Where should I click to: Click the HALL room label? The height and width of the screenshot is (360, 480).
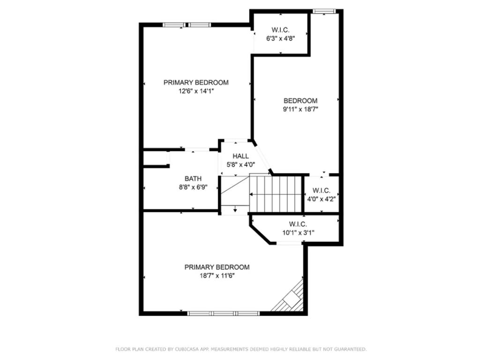click(240, 157)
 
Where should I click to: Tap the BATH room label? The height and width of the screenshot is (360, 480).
click(193, 179)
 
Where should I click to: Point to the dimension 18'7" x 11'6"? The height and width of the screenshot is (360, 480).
click(217, 276)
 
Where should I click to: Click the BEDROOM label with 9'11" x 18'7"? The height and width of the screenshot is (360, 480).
click(300, 100)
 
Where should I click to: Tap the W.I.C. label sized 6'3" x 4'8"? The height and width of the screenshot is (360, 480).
click(280, 30)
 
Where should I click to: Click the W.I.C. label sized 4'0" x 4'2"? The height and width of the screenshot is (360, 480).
click(321, 191)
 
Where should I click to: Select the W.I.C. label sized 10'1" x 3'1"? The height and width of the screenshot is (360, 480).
click(298, 224)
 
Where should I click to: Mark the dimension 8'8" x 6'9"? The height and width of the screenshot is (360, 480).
click(193, 187)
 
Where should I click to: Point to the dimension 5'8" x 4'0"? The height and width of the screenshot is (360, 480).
click(240, 165)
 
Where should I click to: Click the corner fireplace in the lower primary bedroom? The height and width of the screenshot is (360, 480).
click(291, 298)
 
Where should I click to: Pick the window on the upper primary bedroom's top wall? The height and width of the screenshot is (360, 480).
click(187, 25)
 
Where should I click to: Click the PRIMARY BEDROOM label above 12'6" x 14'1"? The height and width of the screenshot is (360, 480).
click(196, 82)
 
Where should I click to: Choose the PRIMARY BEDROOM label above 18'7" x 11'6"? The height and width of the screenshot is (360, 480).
click(217, 267)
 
